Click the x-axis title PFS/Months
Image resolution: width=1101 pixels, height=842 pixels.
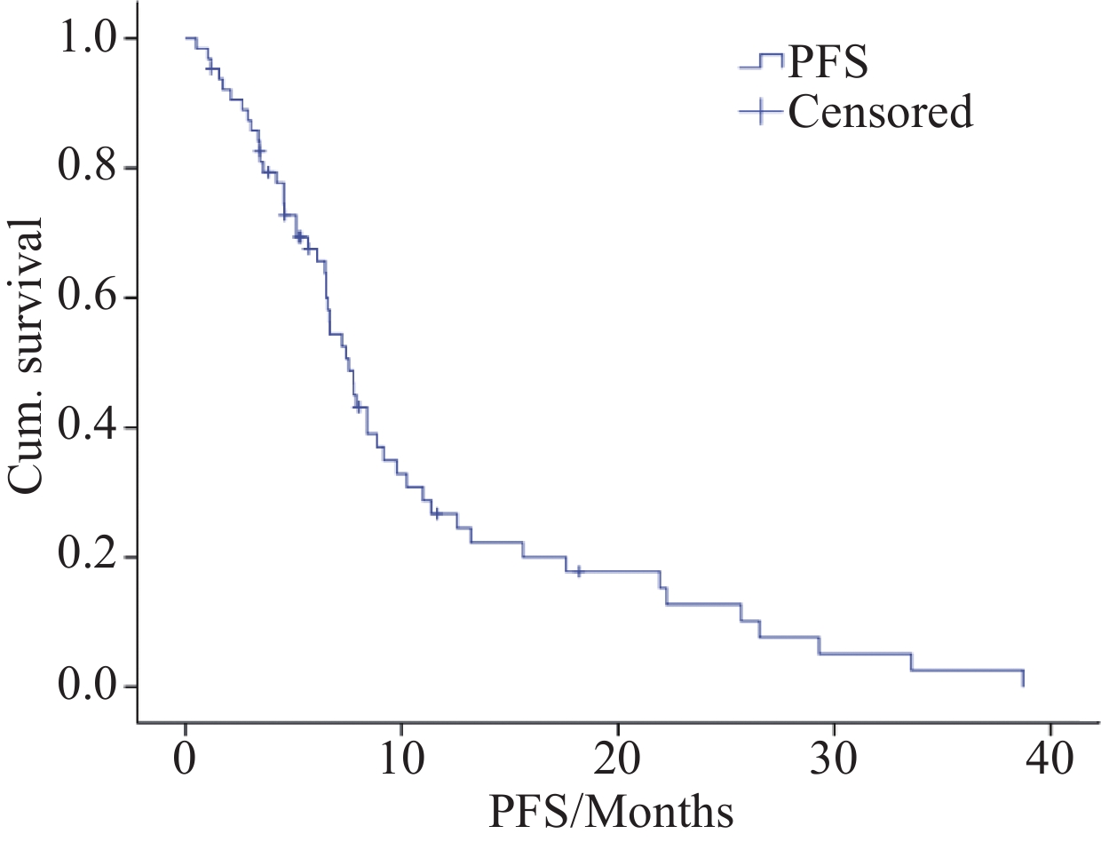click(610, 811)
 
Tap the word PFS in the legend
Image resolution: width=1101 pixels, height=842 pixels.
click(828, 64)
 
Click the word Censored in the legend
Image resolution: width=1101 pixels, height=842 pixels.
click(880, 112)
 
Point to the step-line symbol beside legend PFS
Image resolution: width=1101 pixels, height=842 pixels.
click(761, 62)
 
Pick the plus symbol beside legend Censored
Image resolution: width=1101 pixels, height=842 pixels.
click(761, 112)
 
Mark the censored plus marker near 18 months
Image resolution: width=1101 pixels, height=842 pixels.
click(579, 571)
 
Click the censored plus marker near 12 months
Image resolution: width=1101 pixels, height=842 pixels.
click(436, 513)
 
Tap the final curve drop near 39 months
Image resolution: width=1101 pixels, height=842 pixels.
click(1023, 679)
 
